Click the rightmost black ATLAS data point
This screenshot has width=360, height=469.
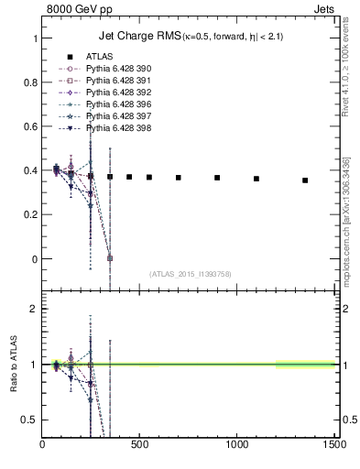[x=305, y=180]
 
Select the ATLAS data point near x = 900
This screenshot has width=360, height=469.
[x=217, y=178]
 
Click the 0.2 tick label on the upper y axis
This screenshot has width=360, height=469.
[x=30, y=215]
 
